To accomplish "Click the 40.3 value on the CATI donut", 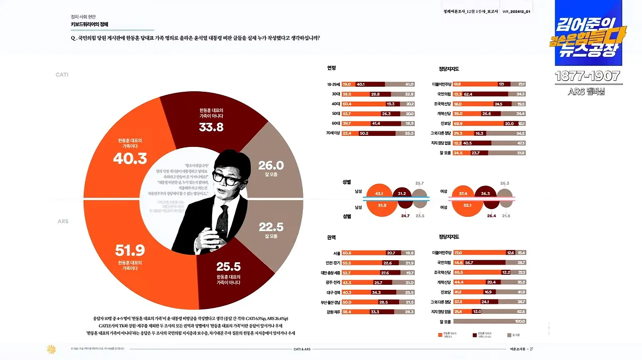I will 129,158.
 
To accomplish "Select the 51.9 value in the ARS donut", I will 129,250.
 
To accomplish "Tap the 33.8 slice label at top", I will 211,127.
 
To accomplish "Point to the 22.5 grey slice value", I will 271,227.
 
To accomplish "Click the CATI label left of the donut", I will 62,75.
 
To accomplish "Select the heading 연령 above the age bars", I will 332,68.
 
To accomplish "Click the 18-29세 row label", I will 334,84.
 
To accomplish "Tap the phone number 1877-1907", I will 587,77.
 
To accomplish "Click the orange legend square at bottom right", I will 439,334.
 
